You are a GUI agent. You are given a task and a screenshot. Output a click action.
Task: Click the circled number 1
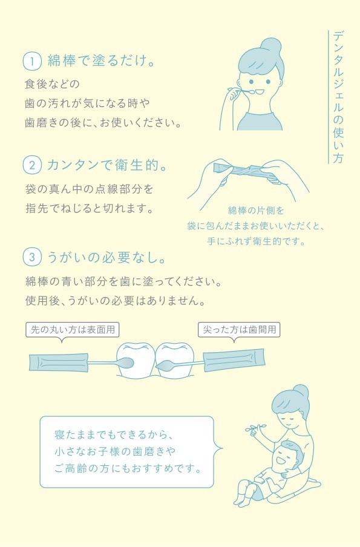pyautogui.click(x=32, y=62)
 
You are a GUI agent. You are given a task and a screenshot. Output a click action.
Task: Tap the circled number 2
pyautogui.click(x=32, y=165)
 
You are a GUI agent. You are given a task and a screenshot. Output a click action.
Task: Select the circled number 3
pyautogui.click(x=32, y=257)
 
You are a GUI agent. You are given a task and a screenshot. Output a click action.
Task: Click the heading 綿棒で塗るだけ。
pyautogui.click(x=101, y=61)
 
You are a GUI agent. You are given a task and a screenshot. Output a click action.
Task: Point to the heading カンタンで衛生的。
pyautogui.click(x=106, y=165)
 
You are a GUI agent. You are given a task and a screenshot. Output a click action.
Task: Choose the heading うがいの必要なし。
pyautogui.click(x=106, y=257)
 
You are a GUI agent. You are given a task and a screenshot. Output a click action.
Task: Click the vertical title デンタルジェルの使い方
pyautogui.click(x=338, y=97)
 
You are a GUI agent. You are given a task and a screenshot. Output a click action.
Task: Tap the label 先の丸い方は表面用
pyautogui.click(x=73, y=330)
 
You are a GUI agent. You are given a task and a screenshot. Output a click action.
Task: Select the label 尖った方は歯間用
pyautogui.click(x=240, y=330)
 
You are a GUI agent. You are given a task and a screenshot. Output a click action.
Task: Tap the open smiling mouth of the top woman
pyautogui.click(x=260, y=92)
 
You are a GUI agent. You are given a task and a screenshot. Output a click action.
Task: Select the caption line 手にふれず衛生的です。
pyautogui.click(x=257, y=241)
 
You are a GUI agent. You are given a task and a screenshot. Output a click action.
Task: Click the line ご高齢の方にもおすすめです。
pyautogui.click(x=128, y=468)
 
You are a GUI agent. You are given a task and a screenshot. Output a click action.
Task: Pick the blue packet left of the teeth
pyautogui.click(x=58, y=363)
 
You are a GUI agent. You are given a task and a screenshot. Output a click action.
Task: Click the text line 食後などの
pyautogui.click(x=52, y=84)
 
